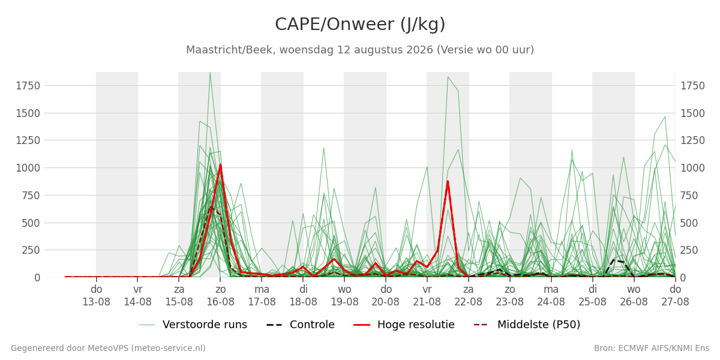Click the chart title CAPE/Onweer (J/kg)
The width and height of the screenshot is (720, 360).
(360, 25)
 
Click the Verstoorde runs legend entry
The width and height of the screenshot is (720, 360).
(193, 325)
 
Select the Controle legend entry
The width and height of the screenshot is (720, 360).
(301, 325)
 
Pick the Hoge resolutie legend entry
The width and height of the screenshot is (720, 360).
(404, 325)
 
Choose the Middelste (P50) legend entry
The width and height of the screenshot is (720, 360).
(527, 325)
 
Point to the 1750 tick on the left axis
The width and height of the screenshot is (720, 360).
(28, 86)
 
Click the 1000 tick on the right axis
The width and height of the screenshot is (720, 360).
(692, 168)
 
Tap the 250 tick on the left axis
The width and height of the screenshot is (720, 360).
(31, 250)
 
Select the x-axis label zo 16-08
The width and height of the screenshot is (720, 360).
(221, 296)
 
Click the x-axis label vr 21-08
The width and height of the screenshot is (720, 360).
(427, 296)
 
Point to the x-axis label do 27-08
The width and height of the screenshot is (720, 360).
(675, 296)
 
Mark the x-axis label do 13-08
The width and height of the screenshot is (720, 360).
(97, 296)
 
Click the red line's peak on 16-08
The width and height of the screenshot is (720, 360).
(221, 165)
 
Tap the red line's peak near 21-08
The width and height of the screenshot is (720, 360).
(448, 182)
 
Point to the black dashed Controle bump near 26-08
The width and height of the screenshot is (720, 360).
(614, 260)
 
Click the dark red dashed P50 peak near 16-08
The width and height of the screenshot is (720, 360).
(211, 208)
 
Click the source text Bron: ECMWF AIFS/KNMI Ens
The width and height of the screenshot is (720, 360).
(652, 349)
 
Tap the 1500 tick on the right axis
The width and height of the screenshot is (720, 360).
(692, 113)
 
